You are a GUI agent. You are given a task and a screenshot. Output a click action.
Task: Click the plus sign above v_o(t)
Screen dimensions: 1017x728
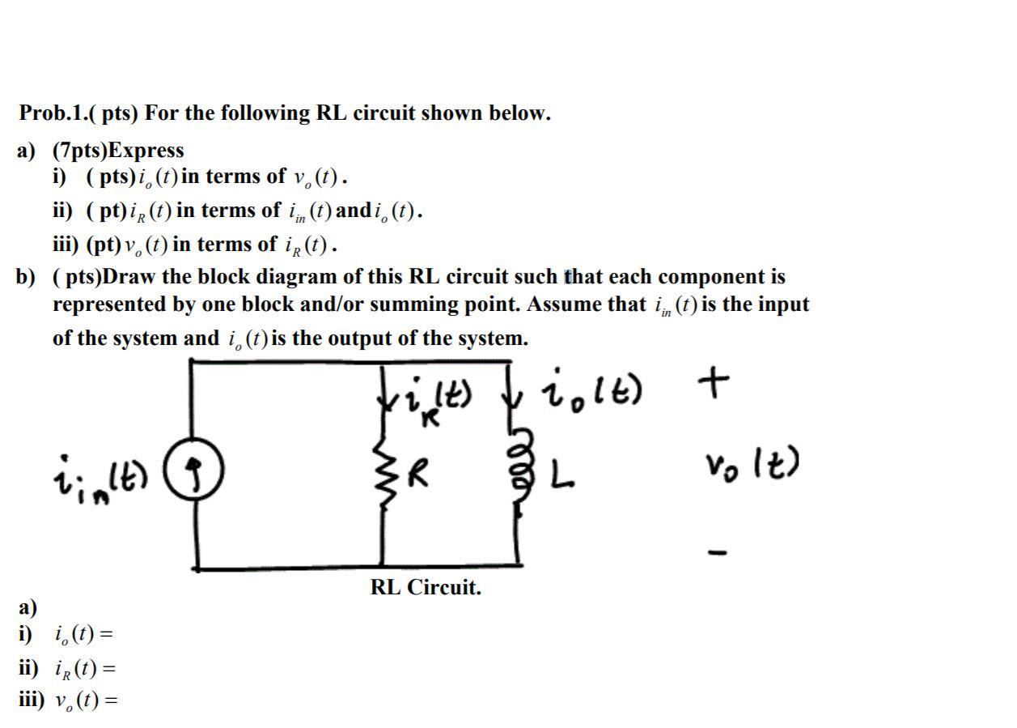tap(718, 378)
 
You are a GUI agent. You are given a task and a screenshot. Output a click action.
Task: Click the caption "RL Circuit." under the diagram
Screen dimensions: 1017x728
tap(426, 588)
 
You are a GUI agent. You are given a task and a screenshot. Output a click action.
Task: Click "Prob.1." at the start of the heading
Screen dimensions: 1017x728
tap(52, 113)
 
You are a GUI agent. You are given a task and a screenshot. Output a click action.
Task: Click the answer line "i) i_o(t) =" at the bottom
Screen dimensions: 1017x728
tap(68, 634)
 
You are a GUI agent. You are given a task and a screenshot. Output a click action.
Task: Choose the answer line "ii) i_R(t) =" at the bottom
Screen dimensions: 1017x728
tap(68, 669)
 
